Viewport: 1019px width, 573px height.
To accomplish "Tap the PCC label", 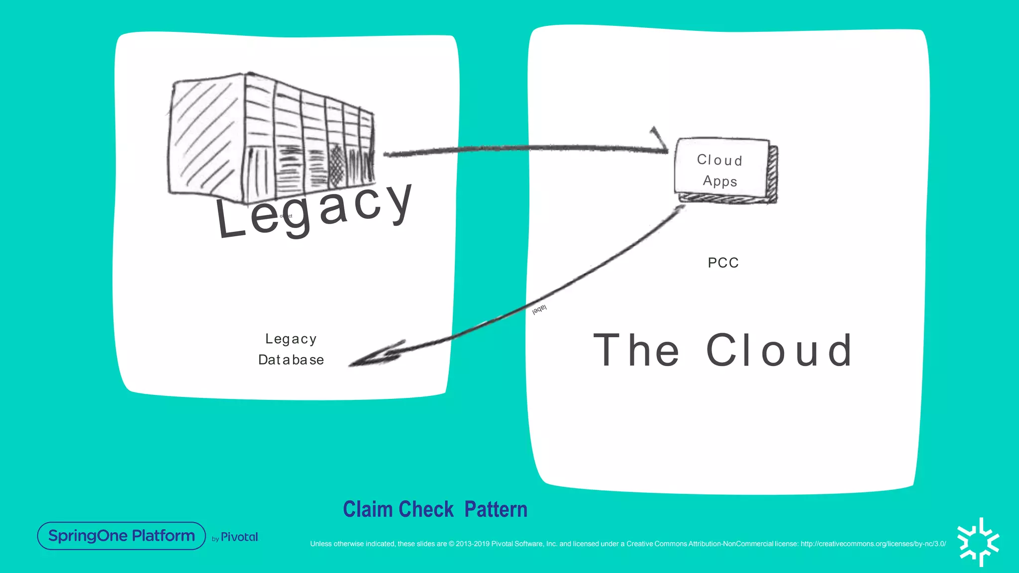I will tap(723, 263).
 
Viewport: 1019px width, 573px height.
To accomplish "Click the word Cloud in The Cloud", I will tap(779, 351).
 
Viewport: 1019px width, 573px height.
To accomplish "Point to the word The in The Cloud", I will tap(636, 351).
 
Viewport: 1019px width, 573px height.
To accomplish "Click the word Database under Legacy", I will tap(291, 360).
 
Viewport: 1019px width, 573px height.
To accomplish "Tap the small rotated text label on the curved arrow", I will tap(539, 309).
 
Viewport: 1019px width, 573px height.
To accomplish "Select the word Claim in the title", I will tap(368, 509).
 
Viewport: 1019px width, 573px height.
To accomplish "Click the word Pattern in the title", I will tap(496, 509).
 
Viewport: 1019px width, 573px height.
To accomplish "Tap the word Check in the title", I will tap(426, 509).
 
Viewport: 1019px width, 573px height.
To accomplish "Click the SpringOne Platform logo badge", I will tap(121, 536).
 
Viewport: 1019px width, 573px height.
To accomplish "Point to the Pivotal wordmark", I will tap(239, 537).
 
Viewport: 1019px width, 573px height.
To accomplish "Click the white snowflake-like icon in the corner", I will tap(978, 542).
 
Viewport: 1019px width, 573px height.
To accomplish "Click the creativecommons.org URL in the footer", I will tap(873, 544).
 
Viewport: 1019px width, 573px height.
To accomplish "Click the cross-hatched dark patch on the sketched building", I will tap(338, 164).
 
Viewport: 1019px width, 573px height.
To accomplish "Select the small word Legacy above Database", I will tap(291, 339).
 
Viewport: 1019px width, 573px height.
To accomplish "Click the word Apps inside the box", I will tap(720, 181).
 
